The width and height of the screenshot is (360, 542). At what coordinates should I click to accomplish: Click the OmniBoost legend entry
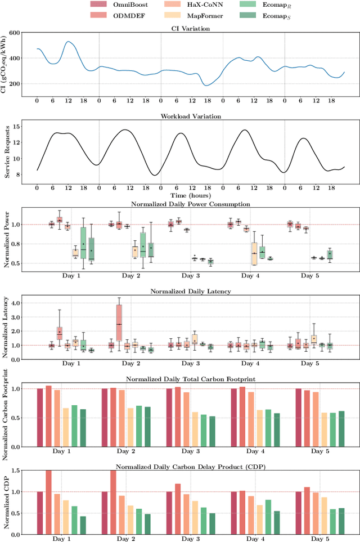(117, 5)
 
